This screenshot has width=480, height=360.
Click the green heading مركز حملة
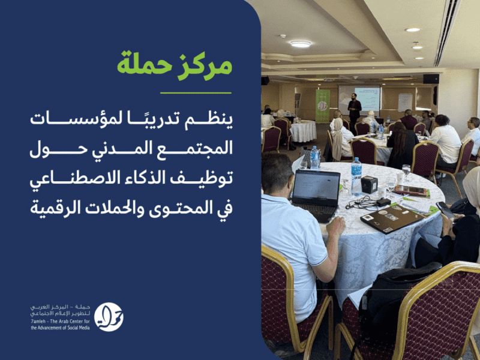coord(175,65)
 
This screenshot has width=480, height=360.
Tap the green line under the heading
coord(196,93)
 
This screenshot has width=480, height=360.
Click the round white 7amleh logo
coord(109,317)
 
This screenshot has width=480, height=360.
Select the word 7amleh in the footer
coord(38,321)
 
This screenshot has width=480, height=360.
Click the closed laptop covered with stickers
coord(392,218)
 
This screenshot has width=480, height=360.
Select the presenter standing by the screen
coord(354,111)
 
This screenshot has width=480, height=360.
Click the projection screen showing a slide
coord(359,98)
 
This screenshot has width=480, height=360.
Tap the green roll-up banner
coord(323,106)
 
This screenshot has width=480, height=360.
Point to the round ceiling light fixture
coord(301,44)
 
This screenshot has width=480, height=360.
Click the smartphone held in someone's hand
coord(445,210)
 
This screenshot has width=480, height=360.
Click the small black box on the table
coord(370,185)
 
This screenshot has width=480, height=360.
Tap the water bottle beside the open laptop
coord(356,176)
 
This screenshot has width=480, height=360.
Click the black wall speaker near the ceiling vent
coord(431,79)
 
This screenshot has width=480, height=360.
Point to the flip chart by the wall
coord(405,103)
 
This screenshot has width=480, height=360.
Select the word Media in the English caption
coord(83,328)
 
